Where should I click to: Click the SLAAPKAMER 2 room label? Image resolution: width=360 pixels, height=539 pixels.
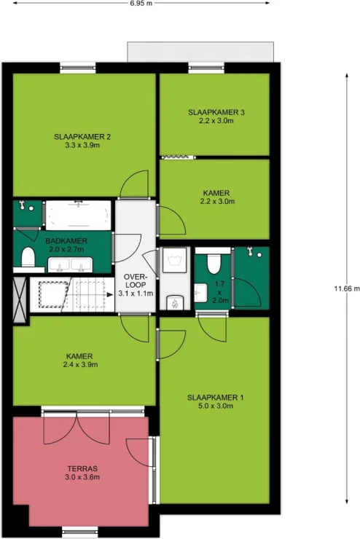pyautogui.click(x=82, y=137)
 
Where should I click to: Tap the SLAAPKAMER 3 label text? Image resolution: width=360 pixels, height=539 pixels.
pyautogui.click(x=216, y=112)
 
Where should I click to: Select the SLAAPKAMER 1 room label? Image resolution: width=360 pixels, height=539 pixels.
pyautogui.click(x=216, y=398)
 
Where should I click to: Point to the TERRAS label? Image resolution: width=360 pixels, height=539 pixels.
pyautogui.click(x=82, y=468)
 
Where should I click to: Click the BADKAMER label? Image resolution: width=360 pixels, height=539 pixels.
pyautogui.click(x=66, y=241)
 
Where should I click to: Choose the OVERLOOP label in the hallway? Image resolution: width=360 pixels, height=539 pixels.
pyautogui.click(x=136, y=281)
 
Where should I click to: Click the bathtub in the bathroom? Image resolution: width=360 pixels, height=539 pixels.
pyautogui.click(x=79, y=215)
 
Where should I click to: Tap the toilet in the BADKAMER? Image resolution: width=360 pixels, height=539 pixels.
pyautogui.click(x=28, y=257)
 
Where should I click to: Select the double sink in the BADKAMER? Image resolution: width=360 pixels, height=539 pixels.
pyautogui.click(x=70, y=264)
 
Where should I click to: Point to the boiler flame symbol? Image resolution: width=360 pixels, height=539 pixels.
pyautogui.click(x=175, y=303)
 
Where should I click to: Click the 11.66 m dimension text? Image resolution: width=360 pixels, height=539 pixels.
pyautogui.click(x=347, y=288)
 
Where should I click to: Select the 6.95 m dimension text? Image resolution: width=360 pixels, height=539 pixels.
pyautogui.click(x=141, y=4)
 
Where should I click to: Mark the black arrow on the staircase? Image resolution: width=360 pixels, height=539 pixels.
pyautogui.click(x=110, y=295)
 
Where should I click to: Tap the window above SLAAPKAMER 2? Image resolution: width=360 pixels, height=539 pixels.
pyautogui.click(x=78, y=68)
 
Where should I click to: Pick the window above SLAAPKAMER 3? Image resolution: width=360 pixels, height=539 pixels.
pyautogui.click(x=206, y=68)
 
